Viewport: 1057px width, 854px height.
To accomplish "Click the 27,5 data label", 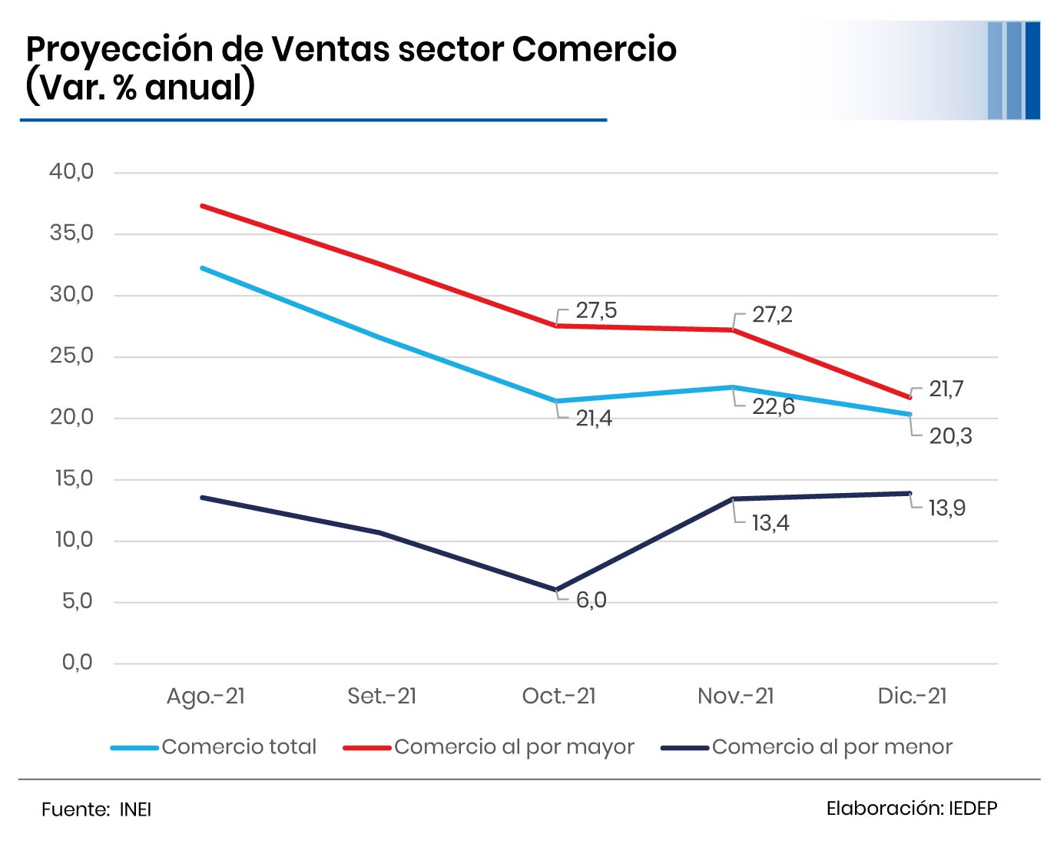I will coord(596,310).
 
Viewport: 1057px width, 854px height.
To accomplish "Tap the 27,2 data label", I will coord(772,315).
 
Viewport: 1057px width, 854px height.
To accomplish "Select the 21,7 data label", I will coord(946,389).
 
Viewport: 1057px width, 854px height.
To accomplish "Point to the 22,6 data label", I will coord(773,406).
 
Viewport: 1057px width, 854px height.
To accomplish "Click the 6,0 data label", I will coord(591,600).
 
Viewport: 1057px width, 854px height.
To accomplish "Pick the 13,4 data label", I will coord(770,523).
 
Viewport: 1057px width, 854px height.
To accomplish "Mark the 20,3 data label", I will coord(950,436).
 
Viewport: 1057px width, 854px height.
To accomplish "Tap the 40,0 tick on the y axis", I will coord(71,171).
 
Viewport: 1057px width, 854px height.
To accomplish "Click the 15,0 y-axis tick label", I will coord(74,478).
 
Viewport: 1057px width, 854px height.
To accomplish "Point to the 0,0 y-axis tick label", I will coord(77,662).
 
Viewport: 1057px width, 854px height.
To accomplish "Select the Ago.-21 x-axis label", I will coord(206,696).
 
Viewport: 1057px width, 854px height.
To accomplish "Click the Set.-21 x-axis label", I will coord(382,696).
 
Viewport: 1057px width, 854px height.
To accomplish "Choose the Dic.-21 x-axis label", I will coord(912,696).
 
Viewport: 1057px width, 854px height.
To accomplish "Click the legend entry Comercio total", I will coord(239,746).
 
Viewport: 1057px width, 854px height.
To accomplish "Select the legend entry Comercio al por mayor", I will coord(514,746).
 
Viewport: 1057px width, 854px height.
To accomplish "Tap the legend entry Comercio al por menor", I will coord(832,746).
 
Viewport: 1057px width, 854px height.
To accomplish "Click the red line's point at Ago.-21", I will coord(202,206).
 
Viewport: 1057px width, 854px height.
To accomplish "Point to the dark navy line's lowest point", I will coord(556,590).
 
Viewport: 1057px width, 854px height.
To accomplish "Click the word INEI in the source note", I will coord(135,809).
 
